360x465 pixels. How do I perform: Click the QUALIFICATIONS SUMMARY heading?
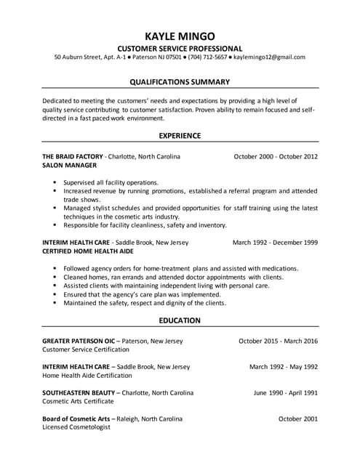pos(180,81)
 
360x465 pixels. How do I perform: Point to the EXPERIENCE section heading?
pos(180,135)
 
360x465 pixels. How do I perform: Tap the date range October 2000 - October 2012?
pos(276,156)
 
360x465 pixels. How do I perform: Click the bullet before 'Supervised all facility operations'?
pos(55,182)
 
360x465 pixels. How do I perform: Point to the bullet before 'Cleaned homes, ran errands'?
pos(55,277)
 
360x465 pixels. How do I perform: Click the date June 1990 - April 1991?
pos(286,393)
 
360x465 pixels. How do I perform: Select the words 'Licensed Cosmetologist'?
pos(76,428)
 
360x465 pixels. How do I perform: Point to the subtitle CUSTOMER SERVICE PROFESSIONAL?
pos(180,47)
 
